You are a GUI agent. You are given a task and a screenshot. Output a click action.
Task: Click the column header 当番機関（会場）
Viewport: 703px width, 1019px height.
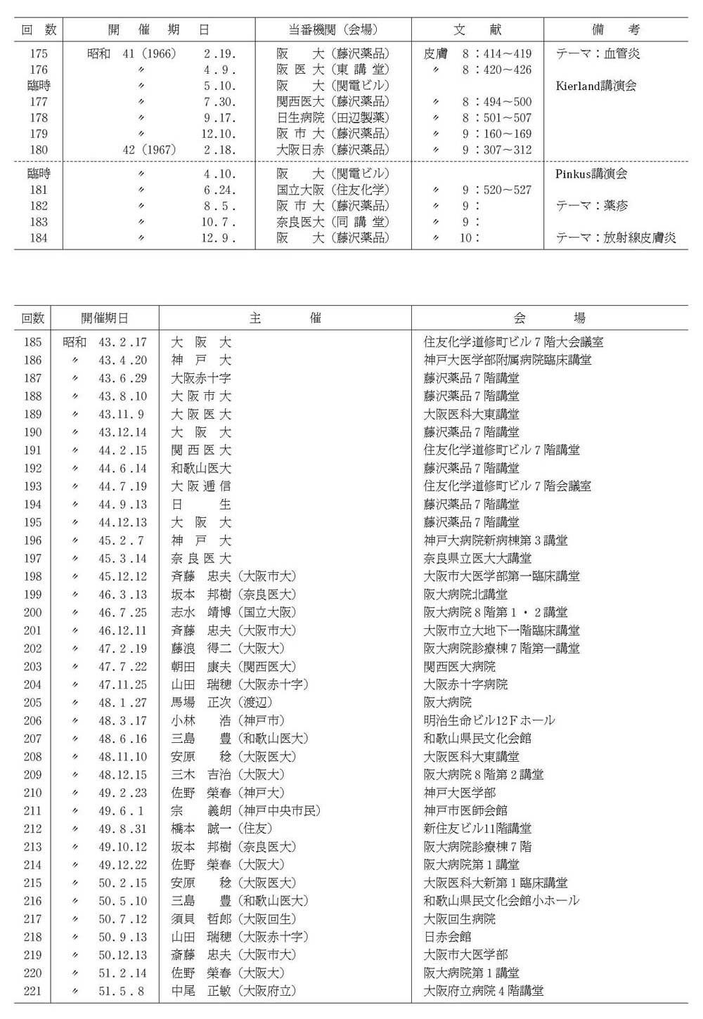[x=333, y=30]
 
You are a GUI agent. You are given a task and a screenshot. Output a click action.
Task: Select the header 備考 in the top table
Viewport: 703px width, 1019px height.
[x=616, y=30]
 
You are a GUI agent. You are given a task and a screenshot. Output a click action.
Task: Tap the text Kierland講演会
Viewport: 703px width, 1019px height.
[x=596, y=86]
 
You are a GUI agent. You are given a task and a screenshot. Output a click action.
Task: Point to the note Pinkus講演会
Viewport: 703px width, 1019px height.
[x=591, y=174]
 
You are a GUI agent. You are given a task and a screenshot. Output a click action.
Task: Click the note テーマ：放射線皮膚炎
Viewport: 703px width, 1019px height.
[x=616, y=238]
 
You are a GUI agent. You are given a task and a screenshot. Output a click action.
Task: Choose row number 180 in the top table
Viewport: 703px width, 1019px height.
[x=39, y=150]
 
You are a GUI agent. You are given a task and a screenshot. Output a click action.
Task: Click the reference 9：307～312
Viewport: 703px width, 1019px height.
[x=497, y=150]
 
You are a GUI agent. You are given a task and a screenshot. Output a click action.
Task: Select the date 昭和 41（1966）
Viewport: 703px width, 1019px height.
[x=132, y=53]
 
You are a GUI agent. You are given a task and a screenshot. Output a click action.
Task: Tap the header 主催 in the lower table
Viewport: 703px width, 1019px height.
[x=285, y=318]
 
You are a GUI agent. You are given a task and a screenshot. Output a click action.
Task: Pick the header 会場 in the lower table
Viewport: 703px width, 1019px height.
[x=550, y=318]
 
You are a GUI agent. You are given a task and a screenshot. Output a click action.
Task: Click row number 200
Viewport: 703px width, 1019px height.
[x=33, y=612]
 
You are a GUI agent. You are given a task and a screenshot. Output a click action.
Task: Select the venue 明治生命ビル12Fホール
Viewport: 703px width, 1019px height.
[x=489, y=720]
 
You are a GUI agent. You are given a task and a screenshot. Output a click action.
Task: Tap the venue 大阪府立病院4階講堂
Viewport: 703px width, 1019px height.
[x=484, y=991]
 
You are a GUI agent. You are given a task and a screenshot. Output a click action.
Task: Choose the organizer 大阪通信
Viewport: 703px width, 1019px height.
[x=201, y=486]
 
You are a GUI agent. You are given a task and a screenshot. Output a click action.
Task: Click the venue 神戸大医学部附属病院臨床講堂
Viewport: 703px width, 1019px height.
[x=508, y=360]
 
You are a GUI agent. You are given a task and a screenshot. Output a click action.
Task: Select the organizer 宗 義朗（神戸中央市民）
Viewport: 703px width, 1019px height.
[x=245, y=810]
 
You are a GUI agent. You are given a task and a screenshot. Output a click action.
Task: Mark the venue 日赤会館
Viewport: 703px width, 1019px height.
[x=447, y=937]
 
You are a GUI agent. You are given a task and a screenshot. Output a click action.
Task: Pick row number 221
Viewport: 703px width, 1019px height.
[x=33, y=991]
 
